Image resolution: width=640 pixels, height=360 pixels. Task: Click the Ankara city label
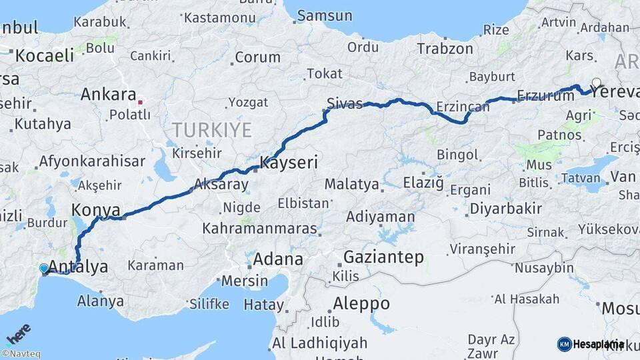[109, 95]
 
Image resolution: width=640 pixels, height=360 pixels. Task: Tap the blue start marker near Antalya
[44, 269]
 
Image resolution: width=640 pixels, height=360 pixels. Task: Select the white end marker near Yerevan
[596, 84]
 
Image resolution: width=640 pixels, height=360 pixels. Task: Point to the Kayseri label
[289, 162]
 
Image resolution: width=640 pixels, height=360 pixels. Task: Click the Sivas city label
[345, 103]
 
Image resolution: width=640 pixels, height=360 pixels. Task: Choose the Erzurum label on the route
[545, 96]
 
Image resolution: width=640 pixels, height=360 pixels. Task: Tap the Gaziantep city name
[383, 257]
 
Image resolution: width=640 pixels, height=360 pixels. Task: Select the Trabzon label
[445, 49]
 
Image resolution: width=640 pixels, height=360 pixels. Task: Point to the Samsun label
[324, 15]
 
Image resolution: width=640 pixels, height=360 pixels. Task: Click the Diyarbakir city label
[506, 209]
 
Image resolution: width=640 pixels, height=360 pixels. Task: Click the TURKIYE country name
[212, 129]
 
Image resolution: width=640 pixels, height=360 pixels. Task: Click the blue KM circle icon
[564, 344]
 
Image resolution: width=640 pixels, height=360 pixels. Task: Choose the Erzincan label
[462, 107]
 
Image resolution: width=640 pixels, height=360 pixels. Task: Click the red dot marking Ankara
[140, 103]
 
